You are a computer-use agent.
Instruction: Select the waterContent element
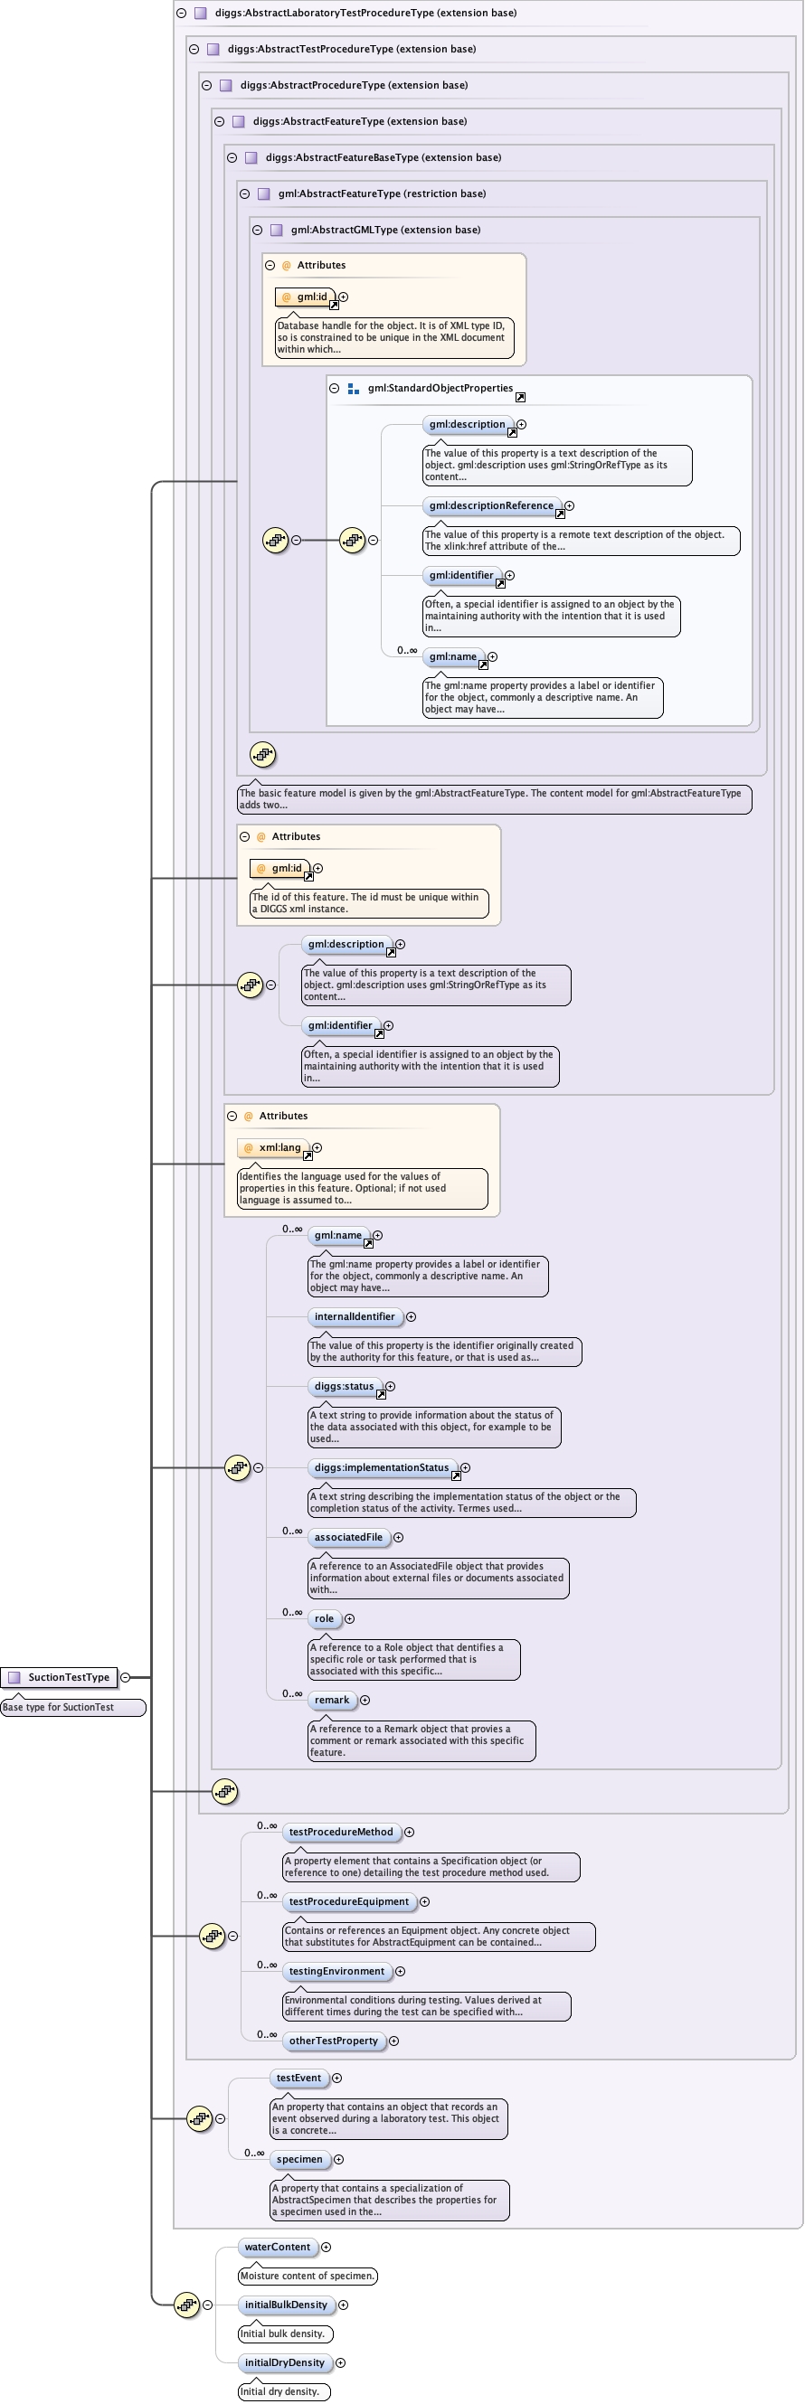(278, 2247)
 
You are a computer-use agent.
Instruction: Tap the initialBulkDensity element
(286, 2305)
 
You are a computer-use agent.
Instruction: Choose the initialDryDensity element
(284, 2362)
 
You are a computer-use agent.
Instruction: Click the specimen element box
(298, 2159)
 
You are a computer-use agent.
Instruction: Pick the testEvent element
(298, 2078)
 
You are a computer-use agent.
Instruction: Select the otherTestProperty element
(334, 2040)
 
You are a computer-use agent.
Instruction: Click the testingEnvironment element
(336, 1971)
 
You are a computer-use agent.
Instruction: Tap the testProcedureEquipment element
(348, 1901)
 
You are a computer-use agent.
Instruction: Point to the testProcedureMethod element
(341, 1832)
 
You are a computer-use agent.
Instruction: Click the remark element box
(332, 1700)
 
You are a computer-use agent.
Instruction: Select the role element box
(324, 1618)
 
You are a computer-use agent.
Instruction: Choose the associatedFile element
(348, 1537)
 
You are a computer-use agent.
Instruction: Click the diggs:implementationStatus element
(381, 1467)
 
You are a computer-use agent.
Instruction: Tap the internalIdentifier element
(354, 1315)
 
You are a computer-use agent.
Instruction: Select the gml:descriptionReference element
(491, 505)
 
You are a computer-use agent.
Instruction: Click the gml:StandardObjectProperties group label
(440, 388)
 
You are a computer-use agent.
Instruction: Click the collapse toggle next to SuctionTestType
(125, 1677)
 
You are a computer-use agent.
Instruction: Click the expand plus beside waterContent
(326, 2247)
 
